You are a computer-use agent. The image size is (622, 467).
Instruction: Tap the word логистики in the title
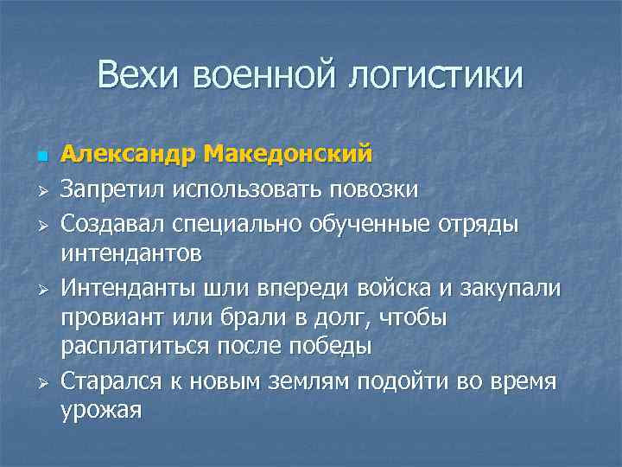point(435,76)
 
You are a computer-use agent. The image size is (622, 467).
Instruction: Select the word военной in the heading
point(266,75)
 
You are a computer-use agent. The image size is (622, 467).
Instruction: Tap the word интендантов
point(131,253)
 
